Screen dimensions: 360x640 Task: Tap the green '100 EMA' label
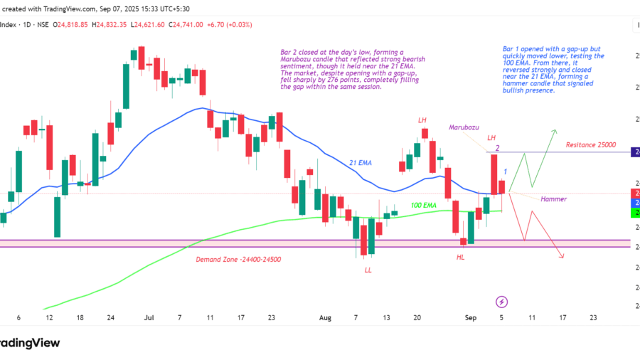(x=425, y=205)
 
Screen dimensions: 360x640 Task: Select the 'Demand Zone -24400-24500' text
(x=238, y=260)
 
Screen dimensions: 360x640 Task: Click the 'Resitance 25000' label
(x=590, y=144)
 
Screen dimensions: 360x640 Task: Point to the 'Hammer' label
(x=553, y=199)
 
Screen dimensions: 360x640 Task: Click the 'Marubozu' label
(x=464, y=127)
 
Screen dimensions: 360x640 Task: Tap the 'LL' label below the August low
(x=368, y=270)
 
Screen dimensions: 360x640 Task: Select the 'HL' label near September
(x=461, y=257)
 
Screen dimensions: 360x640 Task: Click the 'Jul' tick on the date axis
(x=149, y=318)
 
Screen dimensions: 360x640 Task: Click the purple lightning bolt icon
(x=502, y=302)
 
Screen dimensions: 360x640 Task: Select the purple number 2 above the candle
(x=498, y=148)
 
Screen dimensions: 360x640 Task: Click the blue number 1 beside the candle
(x=505, y=171)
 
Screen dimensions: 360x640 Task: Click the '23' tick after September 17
(x=594, y=318)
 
